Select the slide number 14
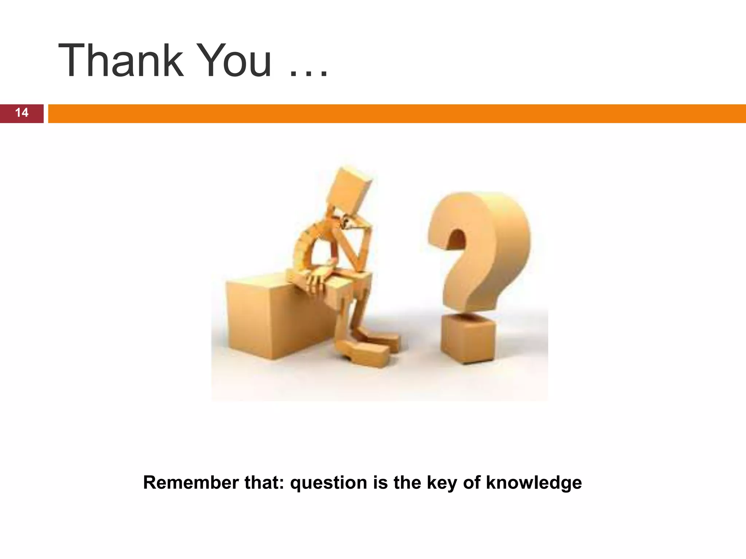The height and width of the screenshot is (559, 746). (x=21, y=113)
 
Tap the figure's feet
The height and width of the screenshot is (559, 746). (x=368, y=349)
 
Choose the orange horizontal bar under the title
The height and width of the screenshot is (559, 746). (x=397, y=114)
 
